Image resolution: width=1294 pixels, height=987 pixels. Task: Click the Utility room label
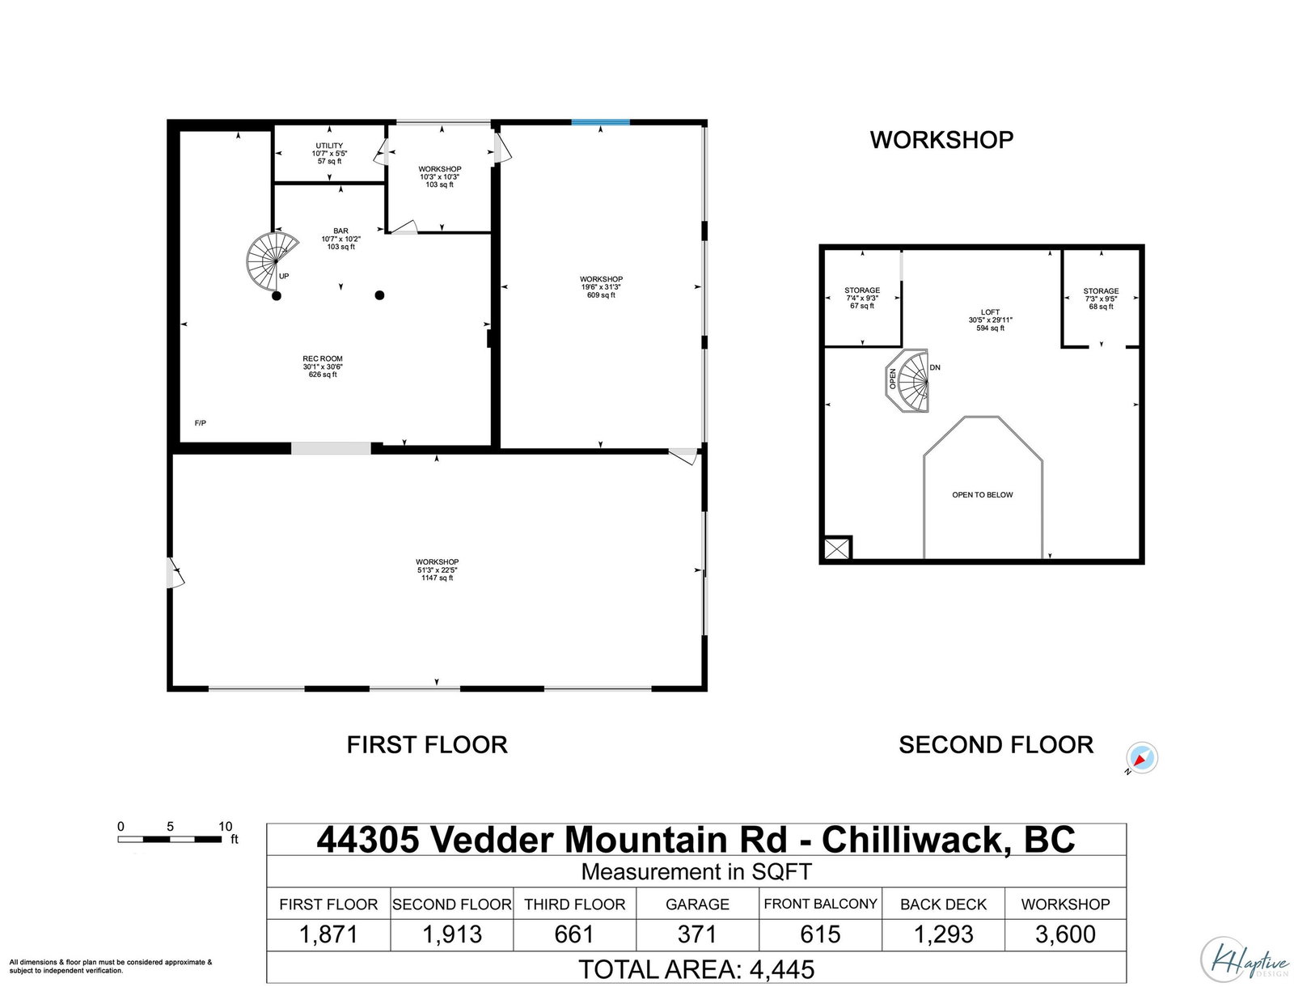pyautogui.click(x=329, y=153)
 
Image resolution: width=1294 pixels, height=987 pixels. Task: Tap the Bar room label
pyautogui.click(x=340, y=239)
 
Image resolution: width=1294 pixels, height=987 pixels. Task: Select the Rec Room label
pyautogui.click(x=323, y=366)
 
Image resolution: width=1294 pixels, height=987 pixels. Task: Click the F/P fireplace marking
pyautogui.click(x=201, y=423)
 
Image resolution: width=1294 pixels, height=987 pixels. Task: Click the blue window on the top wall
pyautogui.click(x=600, y=122)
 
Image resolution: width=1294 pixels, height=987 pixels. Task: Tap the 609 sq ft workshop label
pyautogui.click(x=601, y=287)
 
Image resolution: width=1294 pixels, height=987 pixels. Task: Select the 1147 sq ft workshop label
pyautogui.click(x=437, y=570)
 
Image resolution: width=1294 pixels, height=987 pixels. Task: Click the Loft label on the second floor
pyautogui.click(x=990, y=320)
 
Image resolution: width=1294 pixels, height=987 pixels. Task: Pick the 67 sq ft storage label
pyautogui.click(x=862, y=298)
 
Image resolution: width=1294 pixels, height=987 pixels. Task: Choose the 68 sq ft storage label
pyautogui.click(x=1101, y=299)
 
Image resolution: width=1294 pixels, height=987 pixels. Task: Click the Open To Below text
pyautogui.click(x=982, y=494)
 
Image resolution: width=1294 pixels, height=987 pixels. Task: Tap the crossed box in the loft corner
pyautogui.click(x=837, y=549)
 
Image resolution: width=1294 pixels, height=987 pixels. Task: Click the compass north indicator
pyautogui.click(x=1141, y=758)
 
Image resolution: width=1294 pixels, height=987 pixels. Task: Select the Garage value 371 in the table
pyautogui.click(x=697, y=934)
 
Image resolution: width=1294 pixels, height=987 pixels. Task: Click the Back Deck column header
pyautogui.click(x=943, y=904)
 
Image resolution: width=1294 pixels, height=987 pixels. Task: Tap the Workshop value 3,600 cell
pyautogui.click(x=1064, y=934)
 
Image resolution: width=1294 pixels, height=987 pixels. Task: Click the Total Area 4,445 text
pyautogui.click(x=696, y=969)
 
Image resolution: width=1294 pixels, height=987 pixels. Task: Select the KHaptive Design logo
pyautogui.click(x=1245, y=960)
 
